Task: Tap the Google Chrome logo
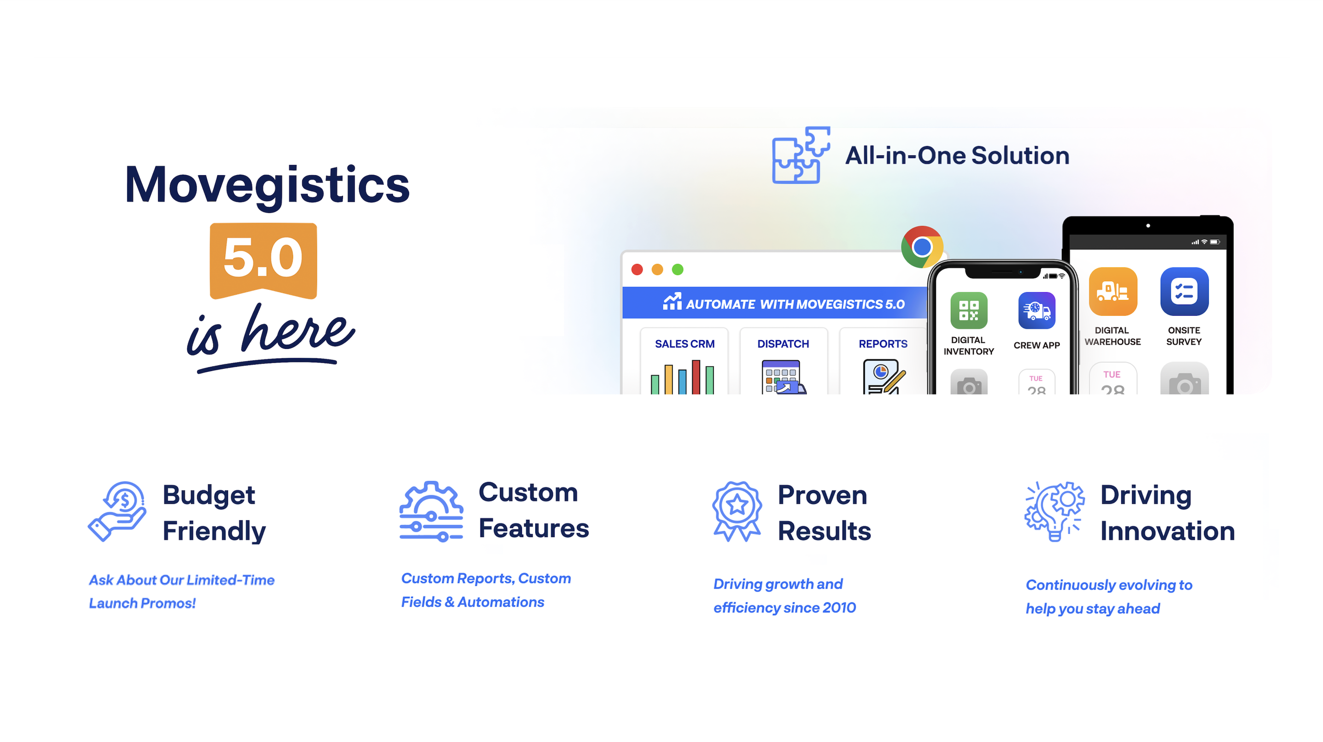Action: (922, 247)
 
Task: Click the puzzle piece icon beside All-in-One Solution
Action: (801, 155)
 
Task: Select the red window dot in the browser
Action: (637, 269)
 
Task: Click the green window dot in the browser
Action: (678, 269)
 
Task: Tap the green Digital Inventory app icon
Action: (969, 310)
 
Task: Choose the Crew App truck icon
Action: (1036, 310)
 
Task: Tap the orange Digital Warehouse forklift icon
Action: (1112, 291)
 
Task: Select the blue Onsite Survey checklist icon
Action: (1184, 291)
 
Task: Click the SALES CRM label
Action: (684, 344)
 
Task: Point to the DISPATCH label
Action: (783, 344)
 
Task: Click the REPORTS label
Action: (883, 344)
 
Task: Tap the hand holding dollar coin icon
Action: (117, 511)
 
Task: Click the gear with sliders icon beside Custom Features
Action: (432, 511)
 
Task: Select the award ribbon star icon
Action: (737, 511)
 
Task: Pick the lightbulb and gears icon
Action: (1054, 511)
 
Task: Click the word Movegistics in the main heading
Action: (267, 185)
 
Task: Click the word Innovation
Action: (1167, 531)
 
